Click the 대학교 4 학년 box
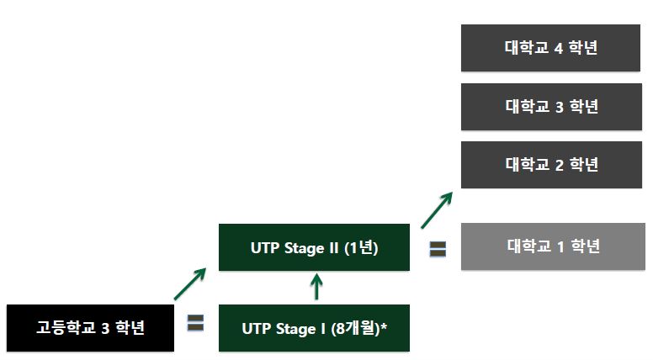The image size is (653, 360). pyautogui.click(x=550, y=48)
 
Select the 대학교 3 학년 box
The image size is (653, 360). pyautogui.click(x=550, y=107)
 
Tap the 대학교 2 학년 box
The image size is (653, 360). pyautogui.click(x=550, y=165)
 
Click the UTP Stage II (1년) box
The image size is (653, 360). pyautogui.click(x=314, y=247)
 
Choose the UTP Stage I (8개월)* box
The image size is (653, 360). pyautogui.click(x=314, y=328)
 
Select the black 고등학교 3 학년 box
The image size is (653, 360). pyautogui.click(x=90, y=328)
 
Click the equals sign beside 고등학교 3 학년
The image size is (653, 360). pyautogui.click(x=196, y=323)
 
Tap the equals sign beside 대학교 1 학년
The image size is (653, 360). pyautogui.click(x=438, y=250)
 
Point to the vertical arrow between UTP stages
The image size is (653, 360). pyautogui.click(x=316, y=288)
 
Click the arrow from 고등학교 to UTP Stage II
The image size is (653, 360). pyautogui.click(x=190, y=284)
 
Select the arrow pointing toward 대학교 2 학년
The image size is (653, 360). pyautogui.click(x=438, y=209)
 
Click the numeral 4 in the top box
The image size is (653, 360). pyautogui.click(x=558, y=48)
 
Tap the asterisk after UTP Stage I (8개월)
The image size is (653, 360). pyautogui.click(x=384, y=326)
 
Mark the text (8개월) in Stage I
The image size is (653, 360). pyautogui.click(x=352, y=328)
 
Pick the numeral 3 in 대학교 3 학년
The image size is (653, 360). pyautogui.click(x=558, y=107)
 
